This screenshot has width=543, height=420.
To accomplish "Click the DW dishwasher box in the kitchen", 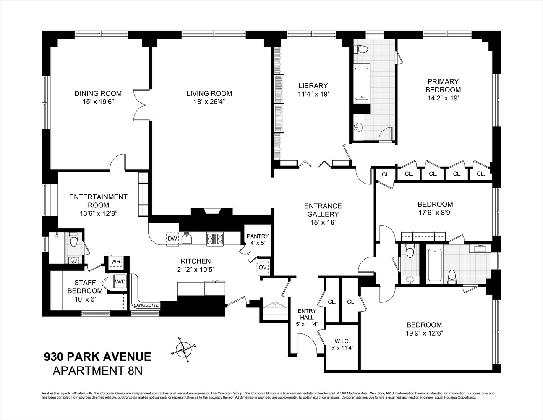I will tap(172, 239).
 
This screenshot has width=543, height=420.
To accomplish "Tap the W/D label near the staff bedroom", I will tap(120, 281).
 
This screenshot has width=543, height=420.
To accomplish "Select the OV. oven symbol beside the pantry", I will tap(263, 267).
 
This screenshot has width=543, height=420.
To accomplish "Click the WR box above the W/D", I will tap(115, 262).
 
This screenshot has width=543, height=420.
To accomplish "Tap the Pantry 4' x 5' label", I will tap(258, 240).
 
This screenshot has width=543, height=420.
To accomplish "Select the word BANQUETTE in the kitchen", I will tap(146, 305).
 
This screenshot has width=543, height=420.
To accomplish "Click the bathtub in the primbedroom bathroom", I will tap(361, 83).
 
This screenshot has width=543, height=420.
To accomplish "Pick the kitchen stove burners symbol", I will tap(216, 239).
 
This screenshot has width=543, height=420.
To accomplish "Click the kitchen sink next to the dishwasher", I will tap(188, 239).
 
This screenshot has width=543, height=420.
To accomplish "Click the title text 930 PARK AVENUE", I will tap(98, 357).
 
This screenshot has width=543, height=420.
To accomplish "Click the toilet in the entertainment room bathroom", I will tap(74, 240).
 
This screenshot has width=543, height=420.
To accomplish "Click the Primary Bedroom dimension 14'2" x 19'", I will tap(443, 98).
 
